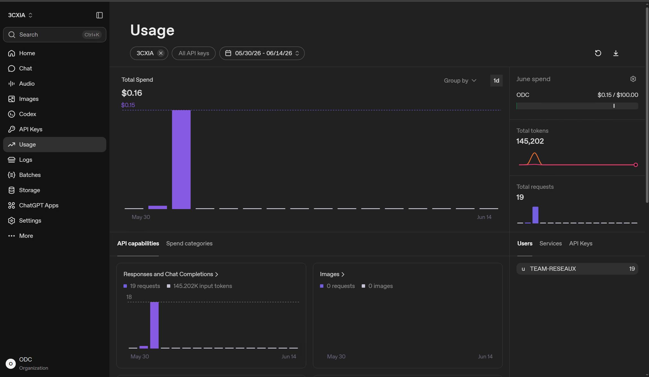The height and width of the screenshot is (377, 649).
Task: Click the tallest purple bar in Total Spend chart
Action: click(181, 159)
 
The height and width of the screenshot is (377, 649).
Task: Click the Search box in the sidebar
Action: click(54, 35)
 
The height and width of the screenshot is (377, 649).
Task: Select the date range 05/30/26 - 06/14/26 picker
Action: click(262, 53)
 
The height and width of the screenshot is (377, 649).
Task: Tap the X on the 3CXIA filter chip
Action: click(161, 53)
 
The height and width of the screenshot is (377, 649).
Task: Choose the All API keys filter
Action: click(194, 53)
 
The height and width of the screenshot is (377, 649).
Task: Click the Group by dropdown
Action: click(460, 81)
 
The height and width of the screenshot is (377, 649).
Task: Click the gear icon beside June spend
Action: click(633, 79)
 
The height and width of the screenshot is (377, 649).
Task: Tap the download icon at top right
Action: click(616, 53)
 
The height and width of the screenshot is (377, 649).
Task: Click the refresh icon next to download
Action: click(598, 53)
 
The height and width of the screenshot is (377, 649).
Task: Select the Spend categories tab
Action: click(189, 243)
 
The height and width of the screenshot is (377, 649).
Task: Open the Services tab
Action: click(551, 243)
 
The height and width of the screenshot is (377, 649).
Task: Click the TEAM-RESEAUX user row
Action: click(577, 269)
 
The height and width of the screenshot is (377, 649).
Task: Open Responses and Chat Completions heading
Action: click(171, 274)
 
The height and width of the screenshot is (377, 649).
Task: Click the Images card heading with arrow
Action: click(332, 274)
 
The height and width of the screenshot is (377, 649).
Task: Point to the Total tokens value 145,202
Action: click(530, 141)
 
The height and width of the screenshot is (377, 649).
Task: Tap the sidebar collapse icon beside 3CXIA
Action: click(100, 15)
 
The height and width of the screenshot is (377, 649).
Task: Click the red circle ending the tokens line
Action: click(636, 165)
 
